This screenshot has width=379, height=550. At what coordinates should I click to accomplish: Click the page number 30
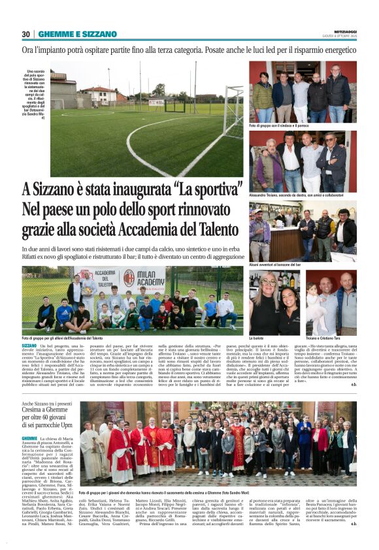pyautogui.click(x=26, y=34)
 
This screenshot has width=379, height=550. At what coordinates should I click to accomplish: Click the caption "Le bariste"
pyautogui.click(x=257, y=338)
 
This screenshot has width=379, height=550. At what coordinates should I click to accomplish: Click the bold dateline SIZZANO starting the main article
pyautogui.click(x=29, y=344)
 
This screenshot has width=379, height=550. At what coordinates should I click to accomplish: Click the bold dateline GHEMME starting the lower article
pyautogui.click(x=29, y=438)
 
